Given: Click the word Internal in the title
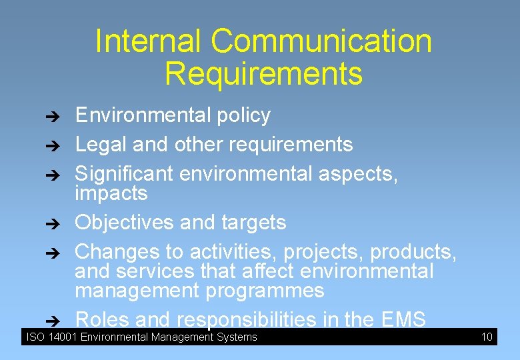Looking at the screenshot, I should point(149,41).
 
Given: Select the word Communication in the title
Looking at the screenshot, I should point(321,41).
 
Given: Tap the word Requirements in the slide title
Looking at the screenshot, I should point(263,73).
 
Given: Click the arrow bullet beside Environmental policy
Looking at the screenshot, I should point(57,116).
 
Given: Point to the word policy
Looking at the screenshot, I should point(243,115).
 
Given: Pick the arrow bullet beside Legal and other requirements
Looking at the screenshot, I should point(57,145).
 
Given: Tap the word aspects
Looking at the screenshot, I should point(358,173).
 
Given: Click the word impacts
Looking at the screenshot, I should point(111,193).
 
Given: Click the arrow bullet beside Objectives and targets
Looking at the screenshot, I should point(57,223).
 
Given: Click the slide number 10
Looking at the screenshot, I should point(487,337).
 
